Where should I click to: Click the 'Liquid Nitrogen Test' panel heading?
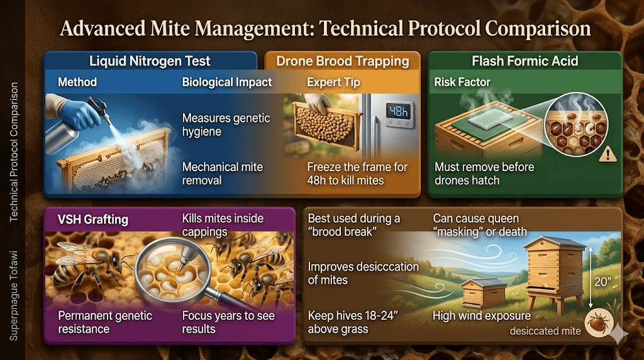150,61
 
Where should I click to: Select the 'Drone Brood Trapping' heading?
343,61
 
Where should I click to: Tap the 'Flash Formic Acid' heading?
525,61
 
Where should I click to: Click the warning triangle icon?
608,154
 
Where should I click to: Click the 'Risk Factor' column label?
462,82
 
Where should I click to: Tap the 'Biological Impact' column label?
227,82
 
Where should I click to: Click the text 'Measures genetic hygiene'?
226,125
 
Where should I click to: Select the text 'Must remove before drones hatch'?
484,174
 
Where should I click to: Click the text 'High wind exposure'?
482,315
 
